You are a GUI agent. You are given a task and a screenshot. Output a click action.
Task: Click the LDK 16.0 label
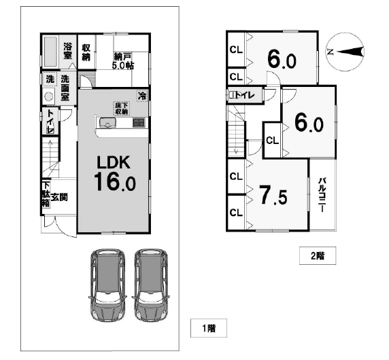pos(115,173)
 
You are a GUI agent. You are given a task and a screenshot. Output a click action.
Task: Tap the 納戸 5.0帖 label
pos(123,61)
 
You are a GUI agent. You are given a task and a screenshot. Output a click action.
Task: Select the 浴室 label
pos(67,51)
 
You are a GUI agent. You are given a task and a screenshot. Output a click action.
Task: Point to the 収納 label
pos(86,52)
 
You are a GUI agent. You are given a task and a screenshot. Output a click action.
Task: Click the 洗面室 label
pos(65,88)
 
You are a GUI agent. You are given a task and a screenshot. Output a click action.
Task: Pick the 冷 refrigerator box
pos(142,95)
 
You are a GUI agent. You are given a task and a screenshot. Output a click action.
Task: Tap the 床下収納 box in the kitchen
pos(121,108)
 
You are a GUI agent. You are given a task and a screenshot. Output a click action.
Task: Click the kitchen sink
pos(107,123)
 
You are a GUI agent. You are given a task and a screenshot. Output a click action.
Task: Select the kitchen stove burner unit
pos(139,123)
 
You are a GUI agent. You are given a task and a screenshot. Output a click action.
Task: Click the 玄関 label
pos(59,198)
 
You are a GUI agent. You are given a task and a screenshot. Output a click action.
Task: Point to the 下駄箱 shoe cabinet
pos(46,194)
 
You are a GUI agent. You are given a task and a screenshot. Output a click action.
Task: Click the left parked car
pos(107,285)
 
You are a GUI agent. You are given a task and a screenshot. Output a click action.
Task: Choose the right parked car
pos(151,285)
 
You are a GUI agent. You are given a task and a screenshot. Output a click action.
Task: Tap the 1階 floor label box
pos(209,328)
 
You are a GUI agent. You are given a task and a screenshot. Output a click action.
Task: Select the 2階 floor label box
pos(318,255)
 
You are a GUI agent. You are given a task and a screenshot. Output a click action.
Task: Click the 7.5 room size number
pos(273,196)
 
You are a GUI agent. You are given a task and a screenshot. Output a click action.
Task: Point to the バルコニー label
pos(322,195)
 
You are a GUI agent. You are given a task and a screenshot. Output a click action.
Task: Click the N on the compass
pos(331,52)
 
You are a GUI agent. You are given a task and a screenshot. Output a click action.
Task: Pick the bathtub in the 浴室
pos(50,52)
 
